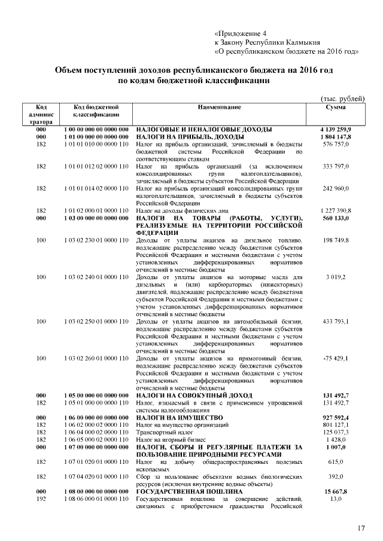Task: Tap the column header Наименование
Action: [x=220, y=106]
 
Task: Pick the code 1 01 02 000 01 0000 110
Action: [x=96, y=211]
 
